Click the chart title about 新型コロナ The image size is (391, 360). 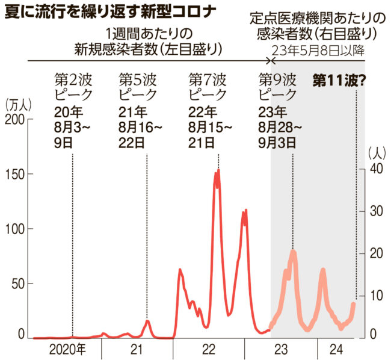[x=111, y=11]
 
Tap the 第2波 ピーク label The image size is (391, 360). [x=73, y=87]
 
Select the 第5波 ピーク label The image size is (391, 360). [x=138, y=87]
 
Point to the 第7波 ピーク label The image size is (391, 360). [x=208, y=87]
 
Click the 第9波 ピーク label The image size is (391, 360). [x=278, y=87]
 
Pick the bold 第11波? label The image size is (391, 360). [x=340, y=79]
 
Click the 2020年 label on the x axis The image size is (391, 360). [x=66, y=349]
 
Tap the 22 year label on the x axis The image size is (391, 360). [x=209, y=349]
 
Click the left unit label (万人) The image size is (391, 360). [x=18, y=104]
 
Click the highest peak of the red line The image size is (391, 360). [x=218, y=170]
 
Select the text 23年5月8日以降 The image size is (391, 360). [x=318, y=50]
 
